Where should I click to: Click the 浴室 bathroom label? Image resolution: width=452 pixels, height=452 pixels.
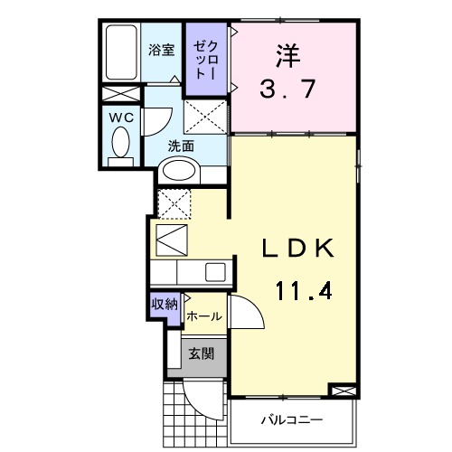pyautogui.click(x=162, y=52)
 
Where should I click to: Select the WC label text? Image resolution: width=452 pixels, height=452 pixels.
pyautogui.click(x=121, y=117)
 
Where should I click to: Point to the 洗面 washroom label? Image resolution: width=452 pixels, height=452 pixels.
pyautogui.click(x=181, y=146)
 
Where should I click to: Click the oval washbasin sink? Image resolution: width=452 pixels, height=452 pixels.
pyautogui.click(x=181, y=170)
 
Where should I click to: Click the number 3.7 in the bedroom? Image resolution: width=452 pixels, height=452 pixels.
pyautogui.click(x=287, y=91)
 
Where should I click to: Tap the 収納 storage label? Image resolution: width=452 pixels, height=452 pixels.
pyautogui.click(x=165, y=303)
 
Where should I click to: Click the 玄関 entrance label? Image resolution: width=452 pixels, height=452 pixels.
pyautogui.click(x=201, y=354)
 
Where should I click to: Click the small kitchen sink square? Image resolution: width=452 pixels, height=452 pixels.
pyautogui.click(x=215, y=271)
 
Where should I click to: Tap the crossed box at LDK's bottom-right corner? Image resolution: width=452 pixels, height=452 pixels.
pyautogui.click(x=343, y=391)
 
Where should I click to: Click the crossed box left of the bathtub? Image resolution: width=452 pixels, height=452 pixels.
pyautogui.click(x=119, y=93)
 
